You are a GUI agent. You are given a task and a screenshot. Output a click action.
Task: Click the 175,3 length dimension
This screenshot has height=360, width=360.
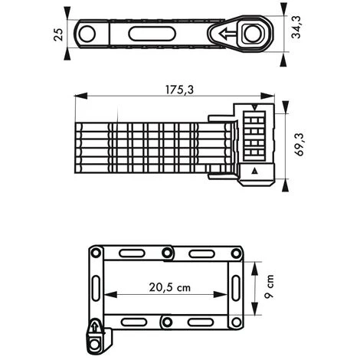(179, 90)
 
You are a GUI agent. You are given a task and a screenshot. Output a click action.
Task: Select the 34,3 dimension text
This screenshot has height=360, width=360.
(296, 28)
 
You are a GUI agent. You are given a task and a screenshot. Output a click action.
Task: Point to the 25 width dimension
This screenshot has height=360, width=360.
(58, 34)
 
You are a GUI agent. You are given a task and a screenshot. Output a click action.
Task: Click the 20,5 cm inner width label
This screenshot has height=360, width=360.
(170, 287)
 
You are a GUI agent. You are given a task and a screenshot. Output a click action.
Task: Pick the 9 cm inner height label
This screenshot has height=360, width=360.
(269, 286)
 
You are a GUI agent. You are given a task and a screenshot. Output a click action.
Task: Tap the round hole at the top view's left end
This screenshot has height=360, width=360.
(87, 34)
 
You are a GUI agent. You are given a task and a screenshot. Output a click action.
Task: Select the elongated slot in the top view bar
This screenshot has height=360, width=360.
(152, 34)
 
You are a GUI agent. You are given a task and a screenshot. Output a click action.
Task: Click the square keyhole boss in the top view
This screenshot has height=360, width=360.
(252, 33)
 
